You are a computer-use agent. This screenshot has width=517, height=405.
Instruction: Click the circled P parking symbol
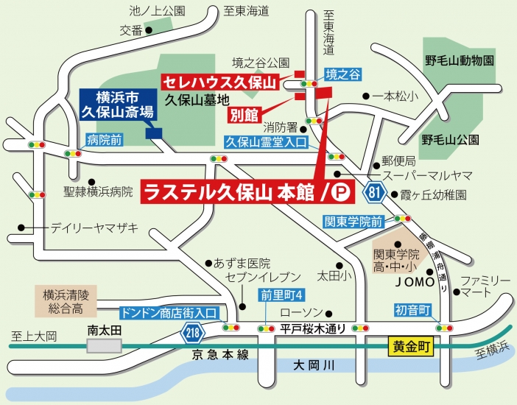click(x=340, y=193)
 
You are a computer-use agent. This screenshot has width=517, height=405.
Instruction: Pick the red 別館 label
click(x=243, y=115)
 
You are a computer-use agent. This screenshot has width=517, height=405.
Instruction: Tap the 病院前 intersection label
click(x=104, y=138)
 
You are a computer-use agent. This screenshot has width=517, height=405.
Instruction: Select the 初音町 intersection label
click(x=412, y=310)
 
